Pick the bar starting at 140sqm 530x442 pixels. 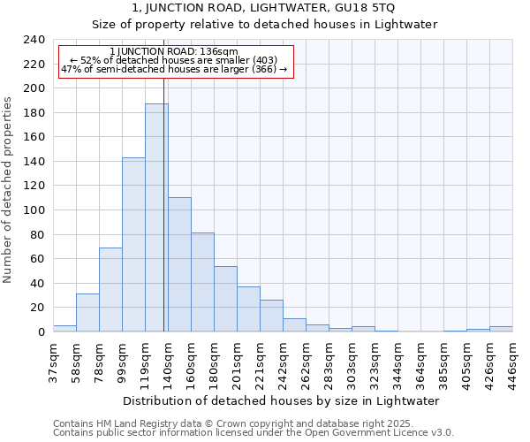pyautogui.click(x=179, y=264)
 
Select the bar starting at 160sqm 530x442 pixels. pyautogui.click(x=202, y=282)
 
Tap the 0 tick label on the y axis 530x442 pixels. pyautogui.click(x=41, y=331)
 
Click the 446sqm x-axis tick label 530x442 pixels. pyautogui.click(x=512, y=361)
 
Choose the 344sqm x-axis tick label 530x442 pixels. pyautogui.click(x=397, y=361)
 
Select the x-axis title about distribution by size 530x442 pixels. pyautogui.click(x=282, y=400)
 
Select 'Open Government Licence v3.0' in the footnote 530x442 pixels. pyautogui.click(x=384, y=433)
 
